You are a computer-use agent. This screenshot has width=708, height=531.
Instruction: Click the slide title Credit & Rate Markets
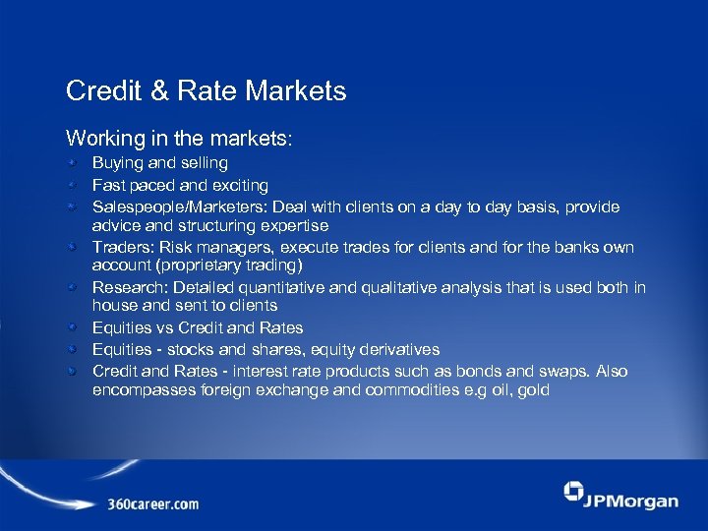coord(206,91)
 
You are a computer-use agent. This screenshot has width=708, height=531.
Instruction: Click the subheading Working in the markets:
coord(178,137)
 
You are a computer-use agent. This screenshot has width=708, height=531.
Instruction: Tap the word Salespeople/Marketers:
coord(180,206)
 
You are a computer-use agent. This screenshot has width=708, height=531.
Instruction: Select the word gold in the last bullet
coord(532,390)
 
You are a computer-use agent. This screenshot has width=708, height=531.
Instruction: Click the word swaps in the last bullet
coord(565,371)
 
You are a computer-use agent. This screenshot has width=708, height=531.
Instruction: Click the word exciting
coord(237,185)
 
